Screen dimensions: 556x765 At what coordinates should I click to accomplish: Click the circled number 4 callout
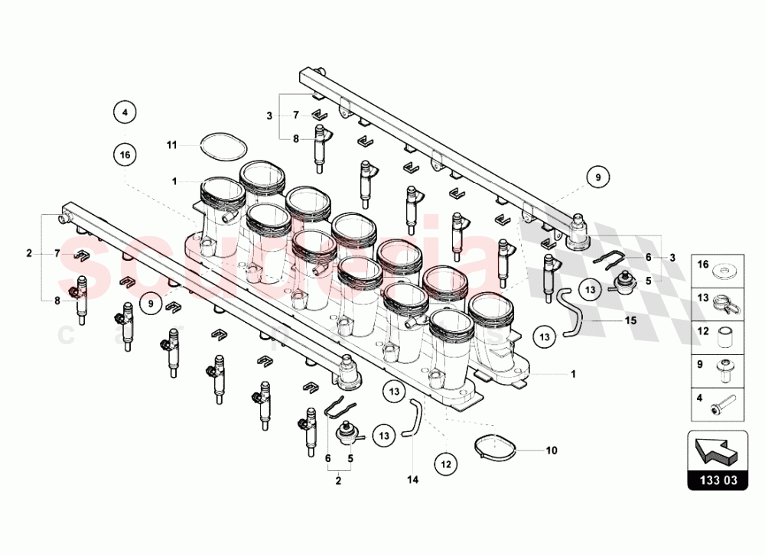(x=125, y=112)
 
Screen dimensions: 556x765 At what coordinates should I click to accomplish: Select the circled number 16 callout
(x=125, y=154)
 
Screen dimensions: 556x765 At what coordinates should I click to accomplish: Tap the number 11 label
(x=172, y=143)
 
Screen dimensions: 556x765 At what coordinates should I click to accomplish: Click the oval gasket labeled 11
(x=218, y=145)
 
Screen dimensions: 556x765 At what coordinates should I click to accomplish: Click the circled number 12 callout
(x=446, y=463)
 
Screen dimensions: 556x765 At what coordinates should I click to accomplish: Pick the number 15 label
(x=630, y=321)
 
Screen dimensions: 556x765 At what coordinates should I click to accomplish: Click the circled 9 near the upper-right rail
(x=597, y=177)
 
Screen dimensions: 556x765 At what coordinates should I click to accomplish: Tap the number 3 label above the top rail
(x=269, y=115)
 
